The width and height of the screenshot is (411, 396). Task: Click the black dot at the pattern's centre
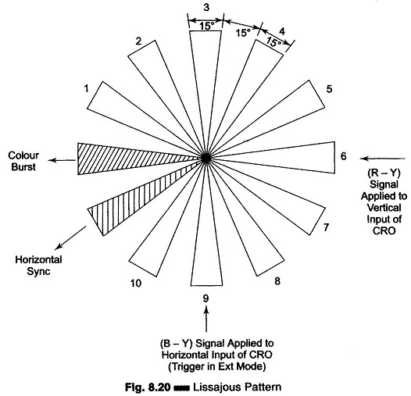(206, 158)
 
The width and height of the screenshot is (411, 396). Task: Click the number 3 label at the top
(206, 7)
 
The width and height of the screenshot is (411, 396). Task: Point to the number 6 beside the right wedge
(343, 156)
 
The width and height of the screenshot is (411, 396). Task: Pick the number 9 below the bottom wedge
(206, 298)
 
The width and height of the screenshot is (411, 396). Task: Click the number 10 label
(136, 284)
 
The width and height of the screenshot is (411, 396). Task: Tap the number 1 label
(86, 88)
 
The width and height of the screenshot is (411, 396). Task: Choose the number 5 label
(329, 89)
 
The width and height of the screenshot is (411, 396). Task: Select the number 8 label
(277, 281)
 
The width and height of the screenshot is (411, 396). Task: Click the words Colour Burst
(23, 161)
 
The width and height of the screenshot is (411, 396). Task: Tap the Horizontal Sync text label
(38, 266)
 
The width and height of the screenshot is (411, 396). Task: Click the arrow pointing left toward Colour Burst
(62, 160)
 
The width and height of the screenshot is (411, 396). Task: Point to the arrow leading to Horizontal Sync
(71, 237)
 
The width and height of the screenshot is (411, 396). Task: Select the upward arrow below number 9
(206, 319)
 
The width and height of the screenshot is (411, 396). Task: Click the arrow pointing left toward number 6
(382, 159)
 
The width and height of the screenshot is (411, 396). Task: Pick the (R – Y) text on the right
(384, 173)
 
